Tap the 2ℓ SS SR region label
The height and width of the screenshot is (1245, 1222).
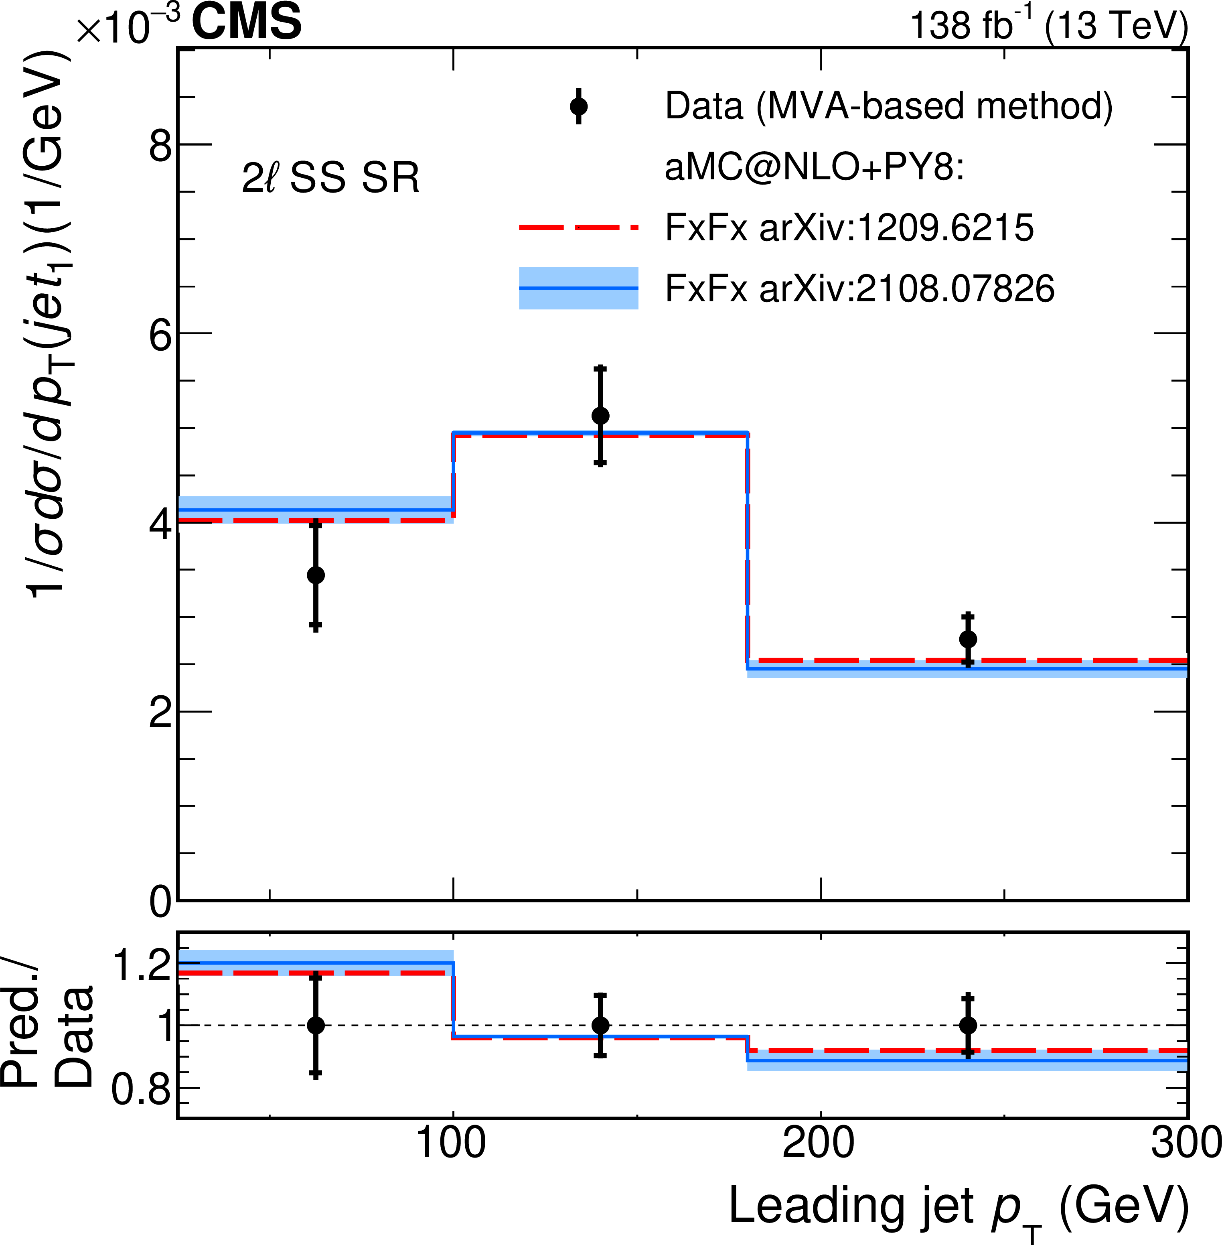coord(330,177)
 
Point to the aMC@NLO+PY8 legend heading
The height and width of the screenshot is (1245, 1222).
coord(814,168)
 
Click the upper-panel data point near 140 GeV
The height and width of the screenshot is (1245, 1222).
coord(600,415)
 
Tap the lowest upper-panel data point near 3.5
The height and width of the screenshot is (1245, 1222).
coord(316,575)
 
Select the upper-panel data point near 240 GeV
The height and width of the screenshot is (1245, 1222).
coord(968,639)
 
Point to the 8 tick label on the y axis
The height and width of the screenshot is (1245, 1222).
coord(160,146)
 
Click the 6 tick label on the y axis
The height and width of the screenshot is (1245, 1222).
coord(160,335)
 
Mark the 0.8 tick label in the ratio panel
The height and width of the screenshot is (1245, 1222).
coord(141,1089)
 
